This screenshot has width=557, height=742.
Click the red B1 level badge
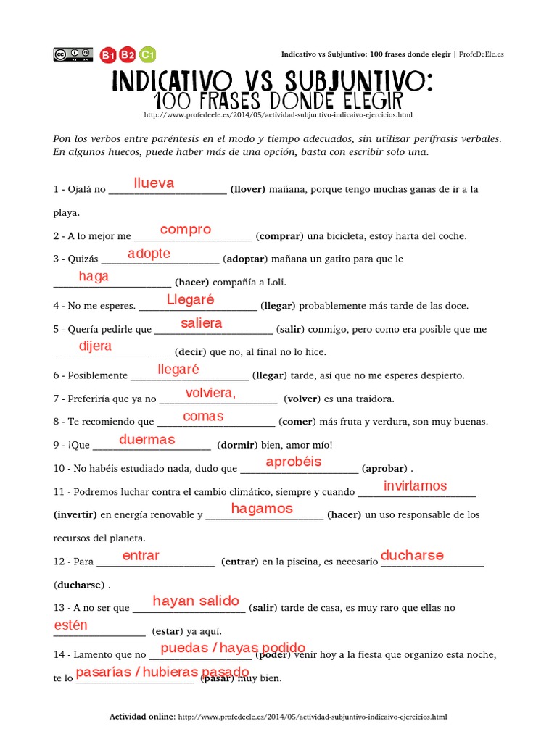[x=109, y=54]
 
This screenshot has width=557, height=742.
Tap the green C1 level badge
[x=148, y=54]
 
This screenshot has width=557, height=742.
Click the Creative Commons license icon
[x=73, y=54]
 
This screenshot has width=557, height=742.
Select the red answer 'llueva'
[x=154, y=183]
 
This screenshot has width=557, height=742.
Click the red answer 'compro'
[x=186, y=230]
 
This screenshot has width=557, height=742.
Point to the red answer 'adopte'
[x=149, y=253]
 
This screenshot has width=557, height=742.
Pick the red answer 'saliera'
[x=201, y=323]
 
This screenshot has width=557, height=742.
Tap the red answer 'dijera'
[x=95, y=346]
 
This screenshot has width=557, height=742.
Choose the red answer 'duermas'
[x=147, y=439]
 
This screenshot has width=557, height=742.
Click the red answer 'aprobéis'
[x=294, y=462]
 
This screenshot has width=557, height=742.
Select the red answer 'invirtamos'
[x=415, y=485]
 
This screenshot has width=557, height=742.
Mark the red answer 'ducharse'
[x=412, y=555]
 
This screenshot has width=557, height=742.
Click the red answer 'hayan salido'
[x=196, y=601]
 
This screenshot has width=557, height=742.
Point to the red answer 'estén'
[x=71, y=625]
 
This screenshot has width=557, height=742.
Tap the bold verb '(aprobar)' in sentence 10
[x=385, y=468]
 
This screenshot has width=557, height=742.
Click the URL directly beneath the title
[x=278, y=114]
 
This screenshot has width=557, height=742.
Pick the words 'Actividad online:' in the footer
[x=142, y=717]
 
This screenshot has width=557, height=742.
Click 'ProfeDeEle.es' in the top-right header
[x=485, y=54]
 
